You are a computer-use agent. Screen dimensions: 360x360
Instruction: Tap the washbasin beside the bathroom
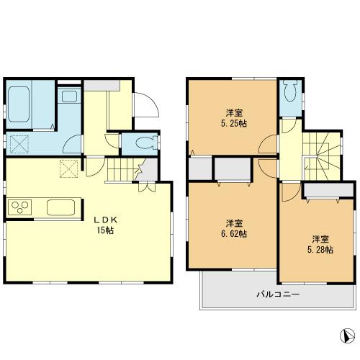pyautogui.click(x=69, y=96)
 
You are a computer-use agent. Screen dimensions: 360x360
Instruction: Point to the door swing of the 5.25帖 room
pyautogui.click(x=269, y=144)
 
